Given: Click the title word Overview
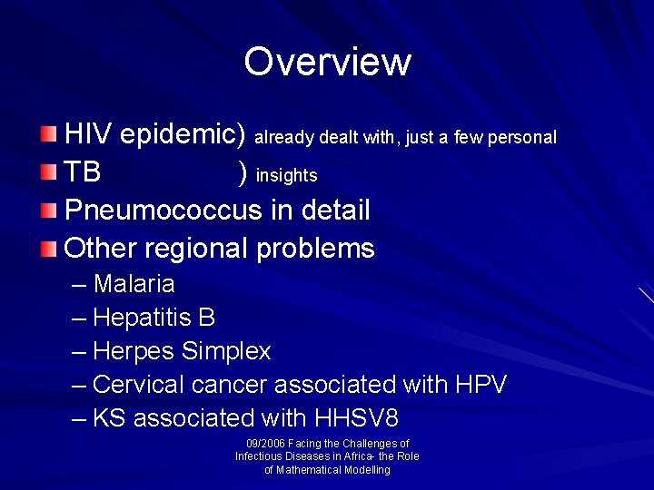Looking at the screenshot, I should tap(327, 62).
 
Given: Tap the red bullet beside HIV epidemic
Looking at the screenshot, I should tap(48, 135).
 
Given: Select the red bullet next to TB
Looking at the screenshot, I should tap(48, 172).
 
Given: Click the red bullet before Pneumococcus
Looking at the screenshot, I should tap(48, 211).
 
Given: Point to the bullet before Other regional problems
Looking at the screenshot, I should tap(48, 248).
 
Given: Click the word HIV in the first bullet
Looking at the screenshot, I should tap(89, 135).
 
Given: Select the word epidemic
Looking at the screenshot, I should tap(183, 136).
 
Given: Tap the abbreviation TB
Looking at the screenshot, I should tap(84, 172).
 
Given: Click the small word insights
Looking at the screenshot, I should tap(286, 175).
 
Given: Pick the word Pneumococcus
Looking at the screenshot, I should tap(164, 211).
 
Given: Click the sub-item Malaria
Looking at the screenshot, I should tap(134, 284).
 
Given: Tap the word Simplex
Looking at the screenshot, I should tap(226, 351).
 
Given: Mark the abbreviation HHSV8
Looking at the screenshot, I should tap(356, 418).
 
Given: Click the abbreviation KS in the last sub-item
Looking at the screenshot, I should tap(109, 418).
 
